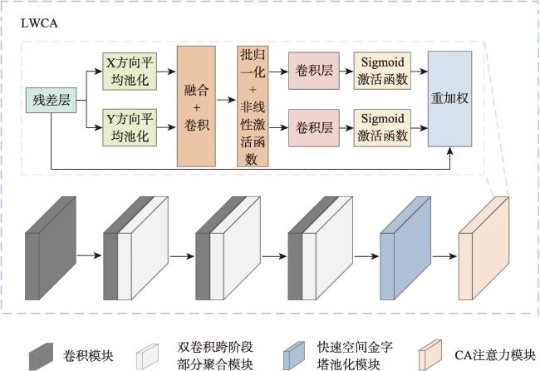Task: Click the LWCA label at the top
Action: click(39, 23)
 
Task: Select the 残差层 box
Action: click(51, 100)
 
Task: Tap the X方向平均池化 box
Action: click(130, 72)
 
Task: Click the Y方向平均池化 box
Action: click(130, 127)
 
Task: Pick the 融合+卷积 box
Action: click(196, 106)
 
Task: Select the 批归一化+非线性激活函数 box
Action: click(253, 106)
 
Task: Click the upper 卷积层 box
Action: click(314, 71)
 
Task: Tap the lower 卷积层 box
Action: click(314, 128)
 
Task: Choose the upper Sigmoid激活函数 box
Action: click(382, 71)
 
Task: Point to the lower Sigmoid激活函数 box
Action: click(382, 128)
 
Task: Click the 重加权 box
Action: click(449, 99)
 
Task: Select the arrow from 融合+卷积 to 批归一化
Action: click(226, 100)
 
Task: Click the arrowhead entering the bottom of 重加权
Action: click(449, 151)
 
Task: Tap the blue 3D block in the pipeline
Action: click(405, 248)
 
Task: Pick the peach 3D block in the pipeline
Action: click(484, 248)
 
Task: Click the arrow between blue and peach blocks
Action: click(444, 256)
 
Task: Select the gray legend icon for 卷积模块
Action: click(42, 356)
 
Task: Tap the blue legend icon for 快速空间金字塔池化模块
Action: click(294, 354)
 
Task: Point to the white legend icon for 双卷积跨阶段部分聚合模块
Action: click(147, 356)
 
